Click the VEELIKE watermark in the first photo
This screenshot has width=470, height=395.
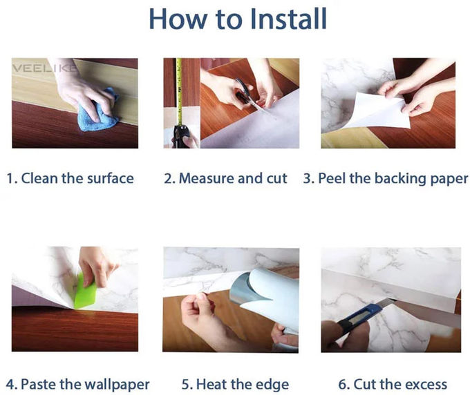click(37, 68)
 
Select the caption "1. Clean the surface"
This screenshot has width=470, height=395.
click(70, 179)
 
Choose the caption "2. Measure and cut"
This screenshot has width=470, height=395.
click(225, 179)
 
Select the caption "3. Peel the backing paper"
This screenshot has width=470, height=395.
click(386, 179)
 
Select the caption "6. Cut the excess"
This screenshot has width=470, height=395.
click(393, 384)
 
